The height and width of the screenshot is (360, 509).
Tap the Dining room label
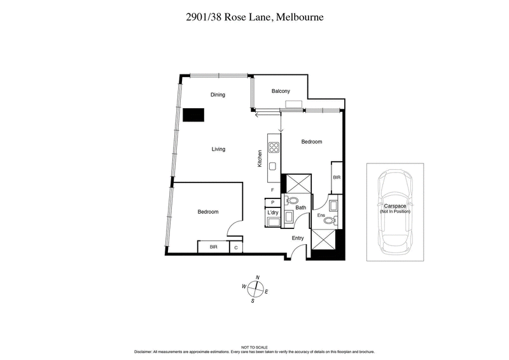(x=218, y=95)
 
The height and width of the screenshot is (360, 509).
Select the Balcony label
(x=281, y=92)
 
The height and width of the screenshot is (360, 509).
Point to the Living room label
(x=218, y=149)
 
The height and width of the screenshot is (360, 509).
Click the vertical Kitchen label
(x=260, y=158)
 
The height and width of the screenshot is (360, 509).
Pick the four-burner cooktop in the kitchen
(x=274, y=148)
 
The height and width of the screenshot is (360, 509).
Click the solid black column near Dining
(x=193, y=115)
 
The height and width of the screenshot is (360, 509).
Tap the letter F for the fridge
(x=272, y=190)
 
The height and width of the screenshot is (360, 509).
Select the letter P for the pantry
(x=272, y=202)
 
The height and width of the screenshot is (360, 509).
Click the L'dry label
(x=273, y=212)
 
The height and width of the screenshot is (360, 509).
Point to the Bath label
(x=300, y=207)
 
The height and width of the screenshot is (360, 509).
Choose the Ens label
(x=321, y=216)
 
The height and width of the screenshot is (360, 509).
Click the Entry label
(x=298, y=238)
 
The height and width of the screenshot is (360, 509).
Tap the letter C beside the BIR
(x=235, y=247)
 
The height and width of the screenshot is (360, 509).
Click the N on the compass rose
(x=257, y=278)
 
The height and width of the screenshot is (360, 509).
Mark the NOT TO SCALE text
(x=254, y=347)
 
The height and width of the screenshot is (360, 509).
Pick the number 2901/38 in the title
(x=201, y=17)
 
